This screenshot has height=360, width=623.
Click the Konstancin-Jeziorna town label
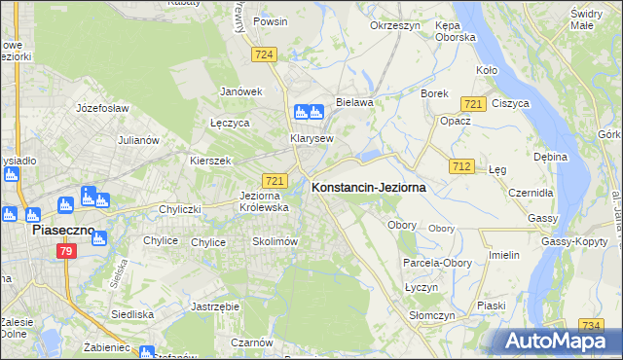pos(368,188)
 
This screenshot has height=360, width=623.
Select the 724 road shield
pos(261,55)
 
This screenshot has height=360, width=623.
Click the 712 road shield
pos(461,167)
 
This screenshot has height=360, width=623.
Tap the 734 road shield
pos(590,325)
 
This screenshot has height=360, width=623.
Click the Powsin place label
pos(269,20)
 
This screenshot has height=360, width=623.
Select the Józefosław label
pos(102,108)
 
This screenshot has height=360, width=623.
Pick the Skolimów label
pos(274,241)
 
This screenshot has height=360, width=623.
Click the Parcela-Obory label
pos(435,263)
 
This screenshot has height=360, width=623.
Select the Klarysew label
pos(311,138)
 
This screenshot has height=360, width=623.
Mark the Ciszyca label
pos(510,103)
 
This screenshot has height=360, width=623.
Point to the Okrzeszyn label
pos(394,25)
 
